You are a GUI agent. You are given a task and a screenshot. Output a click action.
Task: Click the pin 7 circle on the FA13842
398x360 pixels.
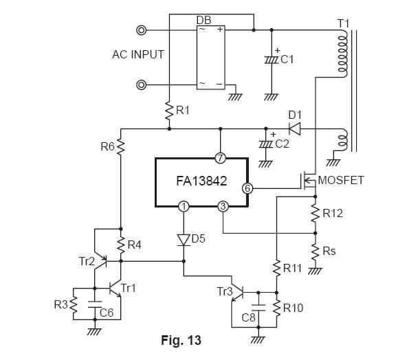(x=220, y=158)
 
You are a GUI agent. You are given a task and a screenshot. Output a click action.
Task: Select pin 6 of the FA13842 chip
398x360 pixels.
(x=247, y=188)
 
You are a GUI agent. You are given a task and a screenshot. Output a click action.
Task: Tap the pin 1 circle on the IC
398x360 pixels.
(x=184, y=207)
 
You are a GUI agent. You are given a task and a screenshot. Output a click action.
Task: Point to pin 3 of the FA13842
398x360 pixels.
(x=223, y=207)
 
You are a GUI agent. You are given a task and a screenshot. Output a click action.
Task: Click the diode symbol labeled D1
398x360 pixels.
(x=295, y=128)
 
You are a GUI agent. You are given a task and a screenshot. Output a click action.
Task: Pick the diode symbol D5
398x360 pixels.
(x=184, y=240)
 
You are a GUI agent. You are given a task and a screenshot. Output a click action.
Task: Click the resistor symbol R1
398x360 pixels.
(x=169, y=110)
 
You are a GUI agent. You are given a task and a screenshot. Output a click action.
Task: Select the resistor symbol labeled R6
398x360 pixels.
(x=121, y=146)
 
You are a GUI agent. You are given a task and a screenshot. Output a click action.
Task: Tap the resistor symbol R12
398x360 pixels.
(x=316, y=214)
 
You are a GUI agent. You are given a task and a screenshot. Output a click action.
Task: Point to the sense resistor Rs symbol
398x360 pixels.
(x=316, y=251)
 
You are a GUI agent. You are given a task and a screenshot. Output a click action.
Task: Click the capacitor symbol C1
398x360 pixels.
(x=272, y=60)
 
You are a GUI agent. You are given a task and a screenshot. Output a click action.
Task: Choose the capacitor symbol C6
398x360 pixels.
(x=95, y=304)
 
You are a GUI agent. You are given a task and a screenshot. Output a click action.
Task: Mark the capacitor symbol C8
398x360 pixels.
(x=258, y=308)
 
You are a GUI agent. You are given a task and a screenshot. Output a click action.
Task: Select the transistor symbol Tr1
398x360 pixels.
(x=115, y=289)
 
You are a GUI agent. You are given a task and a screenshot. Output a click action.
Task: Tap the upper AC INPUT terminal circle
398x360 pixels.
(x=141, y=30)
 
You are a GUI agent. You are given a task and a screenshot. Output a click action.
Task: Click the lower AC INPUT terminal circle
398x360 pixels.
(x=141, y=85)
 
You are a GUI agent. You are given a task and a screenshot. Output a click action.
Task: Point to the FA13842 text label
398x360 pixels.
(x=201, y=181)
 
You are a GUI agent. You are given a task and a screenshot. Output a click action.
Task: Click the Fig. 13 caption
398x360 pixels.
(x=181, y=340)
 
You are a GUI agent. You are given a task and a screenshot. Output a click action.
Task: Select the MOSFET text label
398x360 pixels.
(x=341, y=180)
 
